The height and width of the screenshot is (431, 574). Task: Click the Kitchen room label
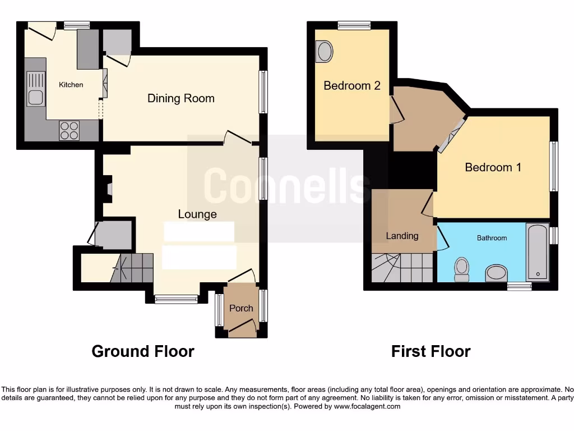[x=71, y=85]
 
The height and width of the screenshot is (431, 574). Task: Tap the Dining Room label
[x=180, y=99]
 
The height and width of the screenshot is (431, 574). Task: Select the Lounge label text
[x=197, y=214]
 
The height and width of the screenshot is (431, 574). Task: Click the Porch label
[x=241, y=308]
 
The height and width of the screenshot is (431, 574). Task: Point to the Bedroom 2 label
[x=352, y=86]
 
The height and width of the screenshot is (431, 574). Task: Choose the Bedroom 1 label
[x=493, y=167]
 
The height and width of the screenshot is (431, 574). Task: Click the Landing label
[x=402, y=236]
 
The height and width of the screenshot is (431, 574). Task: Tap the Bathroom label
[x=492, y=238]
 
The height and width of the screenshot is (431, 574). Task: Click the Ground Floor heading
[x=143, y=352]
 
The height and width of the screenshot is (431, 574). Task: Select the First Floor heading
[x=430, y=352]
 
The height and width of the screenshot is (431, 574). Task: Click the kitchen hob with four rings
[x=70, y=130]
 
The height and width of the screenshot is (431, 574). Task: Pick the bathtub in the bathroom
[x=538, y=252]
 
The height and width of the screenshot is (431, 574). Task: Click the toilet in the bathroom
[x=462, y=268]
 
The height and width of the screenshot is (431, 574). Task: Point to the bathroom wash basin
[x=496, y=273]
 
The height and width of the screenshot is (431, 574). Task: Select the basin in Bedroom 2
[x=324, y=52]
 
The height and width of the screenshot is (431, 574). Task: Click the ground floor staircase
[x=132, y=267]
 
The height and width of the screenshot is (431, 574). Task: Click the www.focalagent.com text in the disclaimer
[x=368, y=406]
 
